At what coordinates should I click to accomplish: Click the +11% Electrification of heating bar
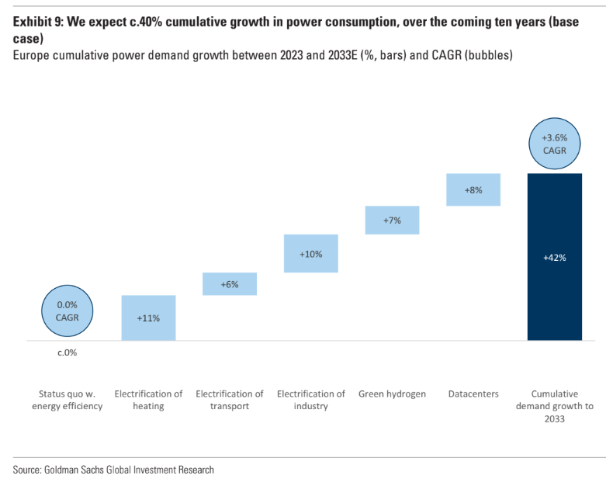(148, 318)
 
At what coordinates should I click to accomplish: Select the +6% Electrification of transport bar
(229, 284)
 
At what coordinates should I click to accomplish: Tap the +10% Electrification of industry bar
(310, 253)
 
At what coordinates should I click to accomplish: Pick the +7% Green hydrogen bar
(392, 220)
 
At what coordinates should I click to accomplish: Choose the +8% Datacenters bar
(473, 189)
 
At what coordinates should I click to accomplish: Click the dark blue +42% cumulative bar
(554, 257)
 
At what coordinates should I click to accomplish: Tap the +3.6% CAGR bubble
(554, 144)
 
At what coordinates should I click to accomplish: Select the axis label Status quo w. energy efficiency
(67, 400)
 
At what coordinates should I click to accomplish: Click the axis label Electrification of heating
(148, 400)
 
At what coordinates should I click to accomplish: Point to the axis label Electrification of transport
(229, 400)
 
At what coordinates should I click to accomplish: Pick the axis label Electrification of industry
(310, 400)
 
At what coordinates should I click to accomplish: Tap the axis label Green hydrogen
(392, 394)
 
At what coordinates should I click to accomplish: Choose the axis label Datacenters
(473, 394)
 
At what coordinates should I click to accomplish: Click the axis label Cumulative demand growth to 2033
(554, 406)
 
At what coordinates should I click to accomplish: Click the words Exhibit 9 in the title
(37, 22)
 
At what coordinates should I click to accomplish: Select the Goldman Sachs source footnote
(113, 470)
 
